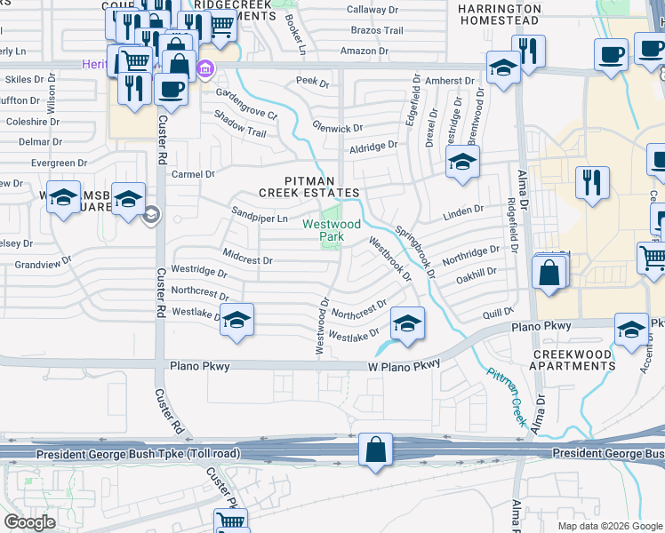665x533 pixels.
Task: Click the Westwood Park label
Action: [x=331, y=230]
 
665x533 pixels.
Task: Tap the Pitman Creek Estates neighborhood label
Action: [x=308, y=186]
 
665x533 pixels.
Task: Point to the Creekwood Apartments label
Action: [x=573, y=360]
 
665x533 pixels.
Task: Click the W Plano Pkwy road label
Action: [x=405, y=366]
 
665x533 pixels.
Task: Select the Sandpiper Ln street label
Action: [x=260, y=218]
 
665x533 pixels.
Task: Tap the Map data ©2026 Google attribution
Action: [x=609, y=526]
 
